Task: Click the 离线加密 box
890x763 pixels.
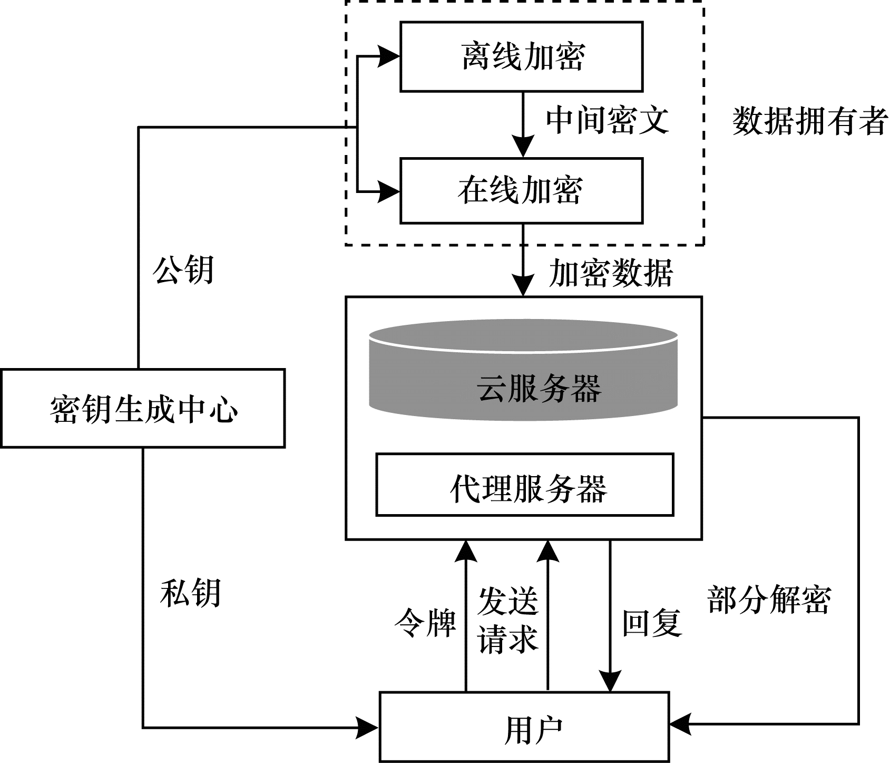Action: tap(521, 56)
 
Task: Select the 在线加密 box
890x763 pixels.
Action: tap(521, 191)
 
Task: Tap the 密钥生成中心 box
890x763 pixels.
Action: tap(143, 409)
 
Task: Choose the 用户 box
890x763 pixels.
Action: tap(524, 727)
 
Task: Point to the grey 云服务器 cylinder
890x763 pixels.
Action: tap(523, 374)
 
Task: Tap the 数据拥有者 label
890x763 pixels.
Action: tap(809, 121)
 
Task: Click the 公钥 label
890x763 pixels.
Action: tap(183, 271)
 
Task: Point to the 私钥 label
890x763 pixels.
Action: tap(190, 593)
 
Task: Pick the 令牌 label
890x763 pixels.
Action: tap(425, 623)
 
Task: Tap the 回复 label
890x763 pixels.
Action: tap(652, 623)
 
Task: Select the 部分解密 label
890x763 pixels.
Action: tap(769, 600)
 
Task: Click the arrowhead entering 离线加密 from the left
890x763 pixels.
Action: tap(389, 56)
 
